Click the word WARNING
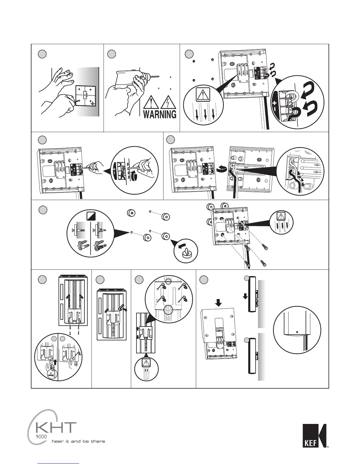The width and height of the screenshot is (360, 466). [160, 114]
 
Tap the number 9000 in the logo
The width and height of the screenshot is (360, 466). [41, 437]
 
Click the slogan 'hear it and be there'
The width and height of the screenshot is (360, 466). [78, 441]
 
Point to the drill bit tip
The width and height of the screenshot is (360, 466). [159, 76]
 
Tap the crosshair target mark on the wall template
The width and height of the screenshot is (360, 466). [93, 104]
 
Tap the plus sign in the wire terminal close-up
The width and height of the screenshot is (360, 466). [275, 103]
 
